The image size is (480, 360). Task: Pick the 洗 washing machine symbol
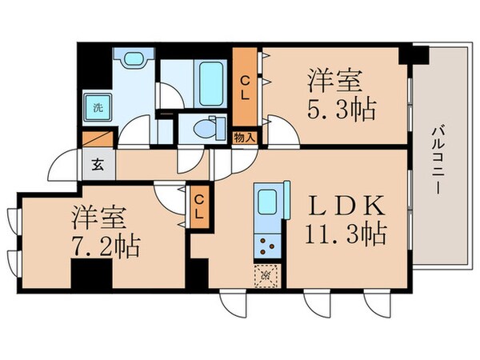click(x=96, y=107)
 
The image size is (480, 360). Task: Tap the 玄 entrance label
click(x=96, y=166)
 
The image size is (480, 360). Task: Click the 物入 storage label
click(x=245, y=138)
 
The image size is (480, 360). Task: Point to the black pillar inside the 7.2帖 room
click(x=90, y=276)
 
